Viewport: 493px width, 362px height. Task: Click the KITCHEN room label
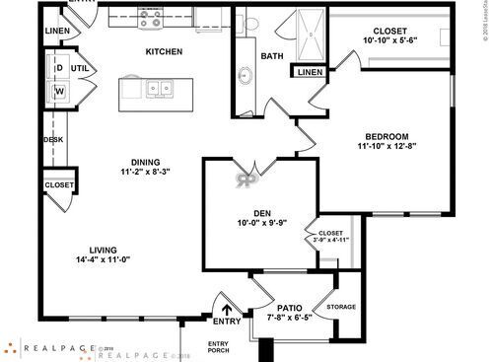(x=163, y=51)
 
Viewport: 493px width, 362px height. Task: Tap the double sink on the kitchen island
(x=156, y=90)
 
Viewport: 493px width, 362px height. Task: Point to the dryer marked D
(x=58, y=68)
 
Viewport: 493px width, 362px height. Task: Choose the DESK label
(x=53, y=140)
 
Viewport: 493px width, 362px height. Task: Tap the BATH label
(x=272, y=56)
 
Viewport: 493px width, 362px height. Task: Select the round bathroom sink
(x=245, y=75)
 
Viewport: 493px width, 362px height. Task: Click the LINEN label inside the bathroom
(x=308, y=73)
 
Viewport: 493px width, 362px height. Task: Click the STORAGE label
(x=341, y=307)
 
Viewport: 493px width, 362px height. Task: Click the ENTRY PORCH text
(x=219, y=346)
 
